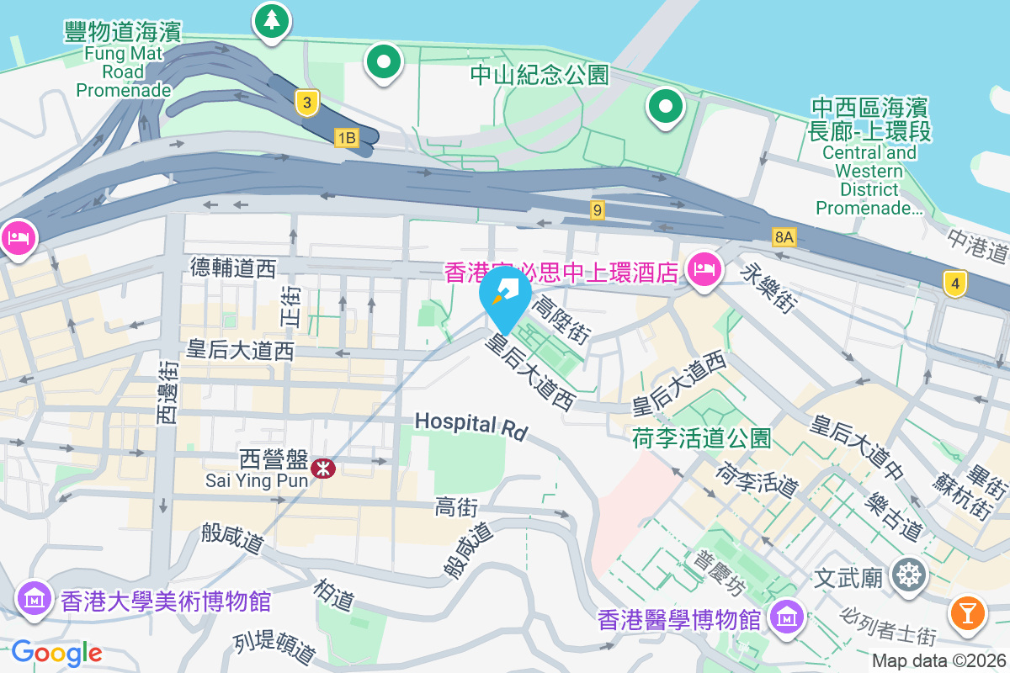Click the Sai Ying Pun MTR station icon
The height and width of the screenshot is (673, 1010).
pyautogui.click(x=322, y=468)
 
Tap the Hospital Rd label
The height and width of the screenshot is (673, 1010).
pyautogui.click(x=470, y=425)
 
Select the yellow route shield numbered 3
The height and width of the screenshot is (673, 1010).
pyautogui.click(x=308, y=103)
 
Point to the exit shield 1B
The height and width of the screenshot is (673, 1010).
pyautogui.click(x=346, y=137)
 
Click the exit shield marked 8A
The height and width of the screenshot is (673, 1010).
pyautogui.click(x=784, y=237)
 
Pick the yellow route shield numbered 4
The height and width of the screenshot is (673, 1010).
pyautogui.click(x=954, y=284)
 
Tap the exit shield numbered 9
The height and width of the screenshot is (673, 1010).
pyautogui.click(x=598, y=210)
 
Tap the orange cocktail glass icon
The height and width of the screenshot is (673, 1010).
pyautogui.click(x=968, y=612)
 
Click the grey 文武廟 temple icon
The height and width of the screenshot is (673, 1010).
pyautogui.click(x=910, y=576)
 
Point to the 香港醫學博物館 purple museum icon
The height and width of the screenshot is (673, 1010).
pyautogui.click(x=786, y=618)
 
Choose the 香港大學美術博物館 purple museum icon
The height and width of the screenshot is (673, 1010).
pyautogui.click(x=35, y=600)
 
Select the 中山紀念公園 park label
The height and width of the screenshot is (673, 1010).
pyautogui.click(x=540, y=75)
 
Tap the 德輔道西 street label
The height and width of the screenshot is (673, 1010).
pyautogui.click(x=233, y=268)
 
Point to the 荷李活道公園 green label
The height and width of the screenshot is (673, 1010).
pyautogui.click(x=701, y=437)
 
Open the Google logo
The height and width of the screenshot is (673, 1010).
pyautogui.click(x=56, y=652)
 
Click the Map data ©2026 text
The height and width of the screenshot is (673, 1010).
pyautogui.click(x=937, y=660)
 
